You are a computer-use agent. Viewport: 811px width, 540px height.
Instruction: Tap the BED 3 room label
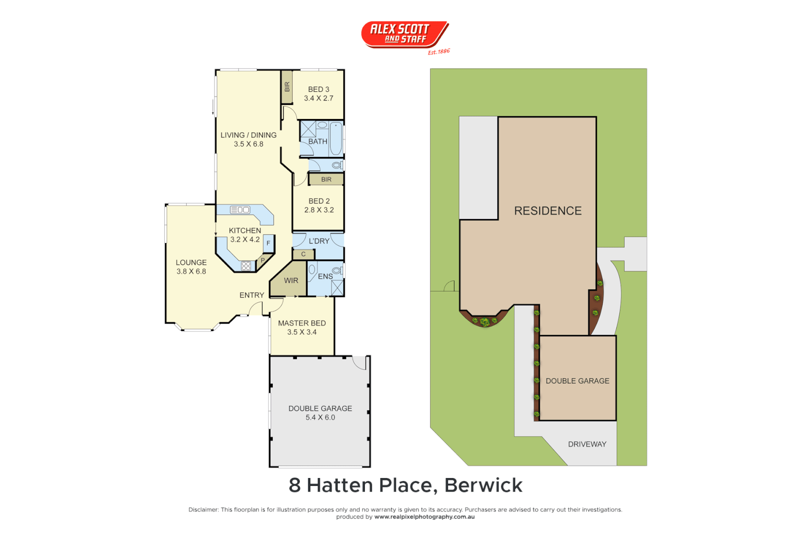coord(318,89)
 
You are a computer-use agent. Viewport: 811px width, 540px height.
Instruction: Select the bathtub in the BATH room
coord(336,138)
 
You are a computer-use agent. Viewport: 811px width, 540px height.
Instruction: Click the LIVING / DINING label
coord(248,135)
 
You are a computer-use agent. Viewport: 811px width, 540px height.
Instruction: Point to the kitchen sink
coord(240,210)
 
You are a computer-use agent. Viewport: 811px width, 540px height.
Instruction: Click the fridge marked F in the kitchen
coord(268,243)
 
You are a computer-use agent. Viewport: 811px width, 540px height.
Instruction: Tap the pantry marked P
coord(263,260)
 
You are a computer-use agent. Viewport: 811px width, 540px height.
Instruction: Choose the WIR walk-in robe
coord(291,280)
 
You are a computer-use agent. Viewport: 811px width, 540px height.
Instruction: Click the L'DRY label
coord(319,241)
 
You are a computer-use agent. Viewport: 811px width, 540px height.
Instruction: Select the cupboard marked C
coord(303,254)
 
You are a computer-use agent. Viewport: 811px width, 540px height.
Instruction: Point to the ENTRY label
coord(251,295)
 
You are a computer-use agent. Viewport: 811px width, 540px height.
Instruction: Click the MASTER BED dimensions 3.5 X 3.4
coord(302,332)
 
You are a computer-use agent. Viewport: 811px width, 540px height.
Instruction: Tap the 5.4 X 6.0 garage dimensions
coord(320,417)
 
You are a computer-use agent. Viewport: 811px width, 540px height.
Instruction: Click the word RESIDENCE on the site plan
coord(548,211)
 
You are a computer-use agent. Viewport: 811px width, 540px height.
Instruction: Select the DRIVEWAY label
coord(587,444)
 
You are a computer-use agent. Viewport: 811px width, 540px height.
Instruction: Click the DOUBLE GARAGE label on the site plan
coord(577,381)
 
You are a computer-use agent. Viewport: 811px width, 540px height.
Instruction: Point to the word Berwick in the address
coord(483,485)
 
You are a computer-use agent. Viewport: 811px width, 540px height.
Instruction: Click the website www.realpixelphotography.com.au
coord(425,517)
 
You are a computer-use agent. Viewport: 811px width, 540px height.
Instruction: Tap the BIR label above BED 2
coord(326,179)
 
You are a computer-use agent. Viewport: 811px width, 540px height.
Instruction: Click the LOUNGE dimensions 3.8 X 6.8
coord(191,271)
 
